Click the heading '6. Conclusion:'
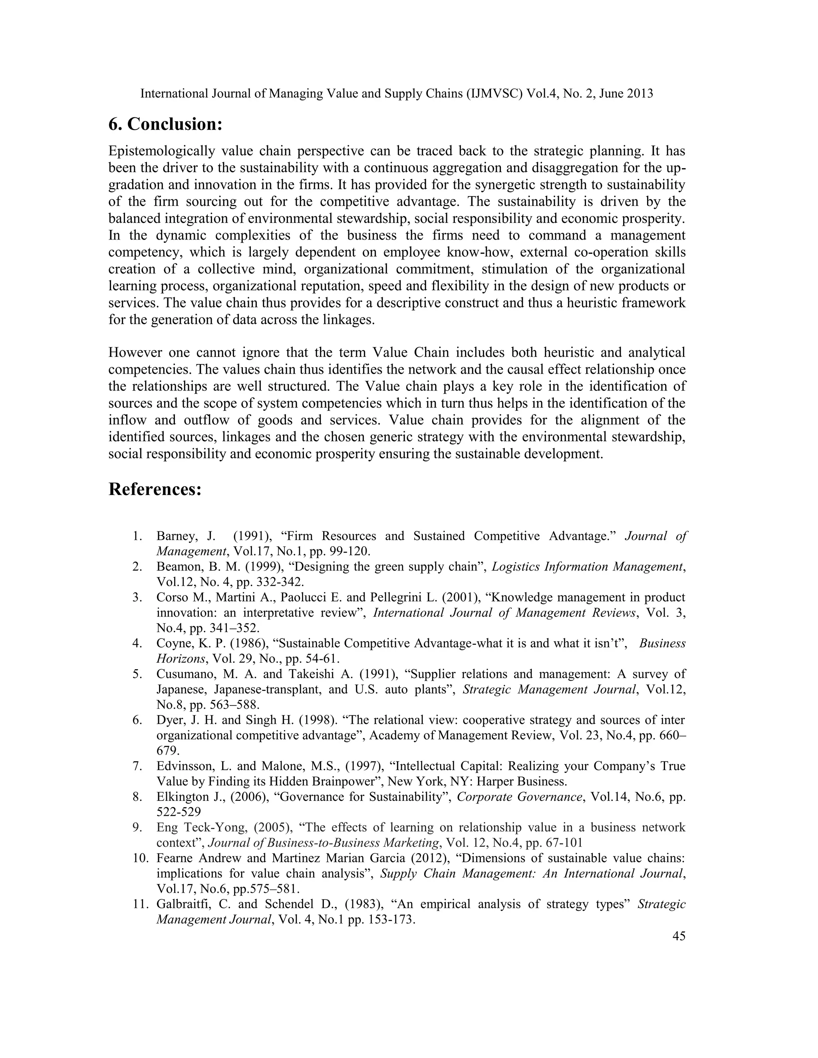coord(165,125)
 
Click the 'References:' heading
coord(155,489)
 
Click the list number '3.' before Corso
coord(137,597)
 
